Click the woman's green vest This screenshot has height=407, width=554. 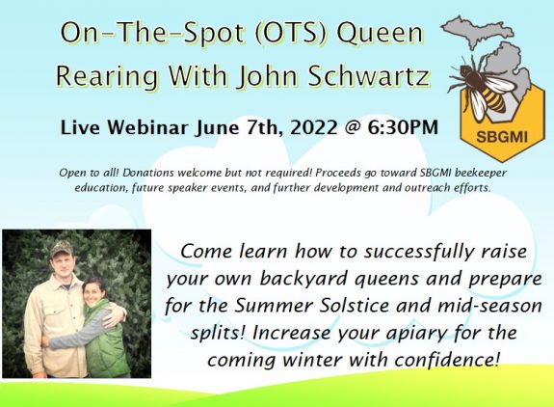[104, 342]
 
